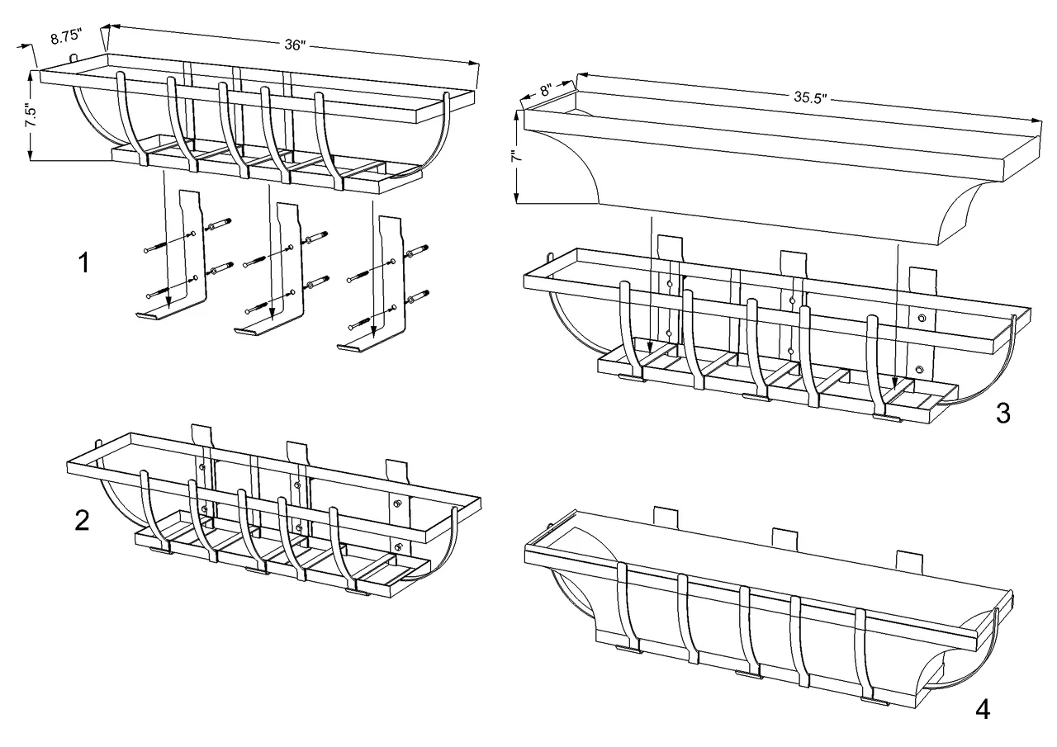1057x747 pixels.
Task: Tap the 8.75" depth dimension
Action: (x=66, y=38)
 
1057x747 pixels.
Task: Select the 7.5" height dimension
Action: (x=32, y=115)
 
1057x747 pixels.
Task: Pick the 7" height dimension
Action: (x=514, y=156)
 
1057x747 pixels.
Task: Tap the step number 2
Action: (x=82, y=522)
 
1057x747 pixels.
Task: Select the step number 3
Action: (x=1002, y=413)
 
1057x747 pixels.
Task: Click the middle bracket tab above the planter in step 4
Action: (x=785, y=537)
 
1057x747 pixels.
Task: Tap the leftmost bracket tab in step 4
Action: (x=666, y=517)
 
